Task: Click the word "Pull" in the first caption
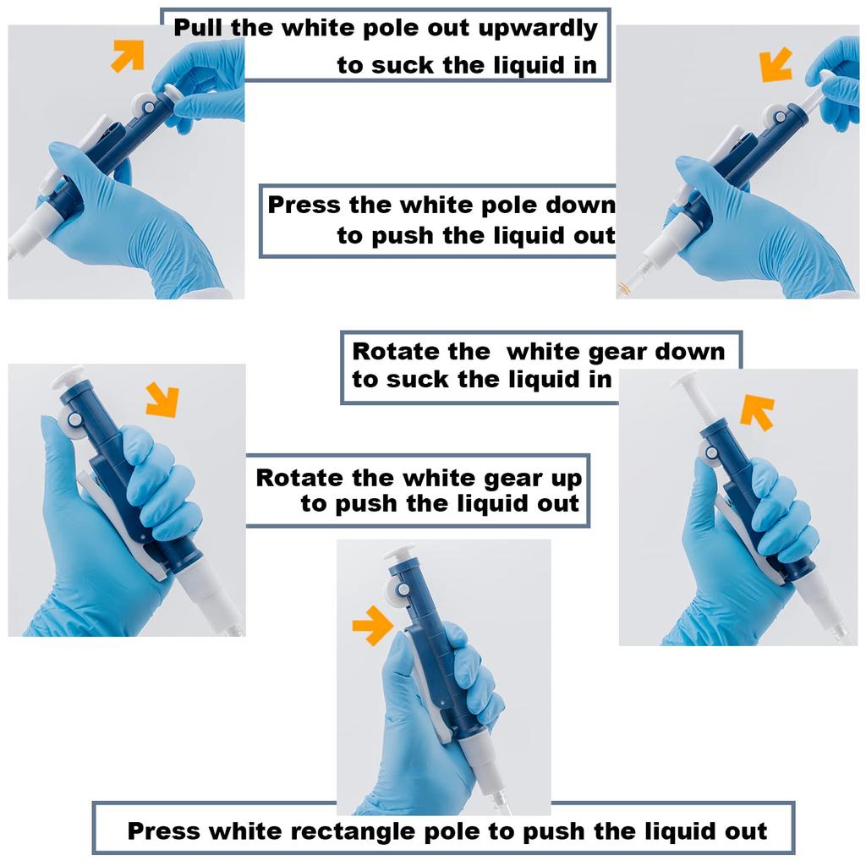coord(199,28)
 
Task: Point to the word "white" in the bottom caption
coord(246,830)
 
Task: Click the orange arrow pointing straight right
coord(371,625)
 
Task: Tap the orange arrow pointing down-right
coord(162,399)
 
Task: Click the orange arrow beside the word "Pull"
coord(128,56)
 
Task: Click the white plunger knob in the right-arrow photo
coord(399,553)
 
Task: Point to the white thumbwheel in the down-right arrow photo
coord(73,419)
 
